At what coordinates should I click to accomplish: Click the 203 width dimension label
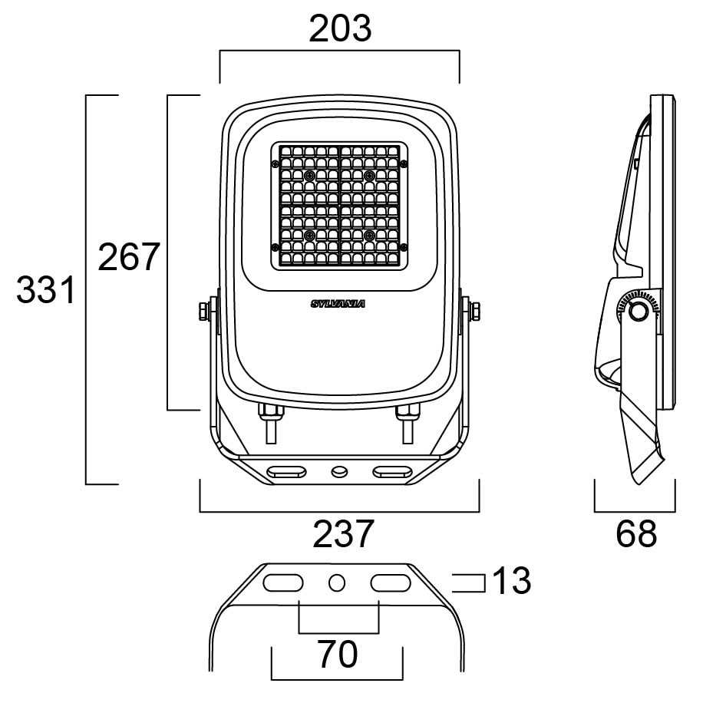pyautogui.click(x=340, y=29)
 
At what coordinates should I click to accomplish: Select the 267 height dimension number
pyautogui.click(x=128, y=257)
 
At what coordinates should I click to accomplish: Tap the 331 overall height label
pyautogui.click(x=47, y=291)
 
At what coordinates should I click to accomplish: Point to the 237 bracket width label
pyautogui.click(x=343, y=534)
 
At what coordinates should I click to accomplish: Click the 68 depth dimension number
pyautogui.click(x=636, y=534)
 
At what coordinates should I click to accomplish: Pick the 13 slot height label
pyautogui.click(x=511, y=582)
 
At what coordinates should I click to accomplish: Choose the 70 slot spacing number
pyautogui.click(x=338, y=655)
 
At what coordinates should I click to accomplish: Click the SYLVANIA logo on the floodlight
pyautogui.click(x=338, y=304)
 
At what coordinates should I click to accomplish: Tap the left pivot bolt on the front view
pyautogui.click(x=205, y=311)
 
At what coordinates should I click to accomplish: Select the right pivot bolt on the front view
pyautogui.click(x=474, y=311)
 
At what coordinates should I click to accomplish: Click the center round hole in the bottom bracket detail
pyautogui.click(x=336, y=583)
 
